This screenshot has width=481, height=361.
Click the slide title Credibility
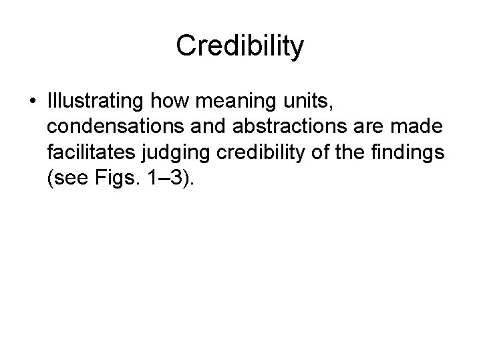[x=240, y=45]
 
